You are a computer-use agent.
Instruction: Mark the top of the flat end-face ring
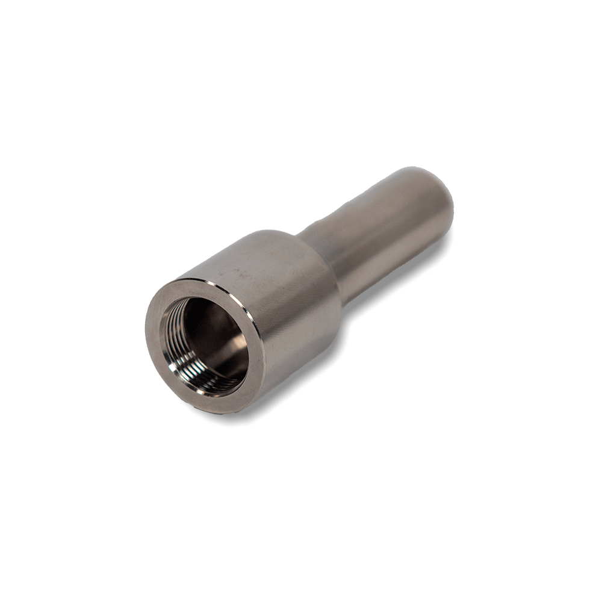pyautogui.click(x=199, y=287)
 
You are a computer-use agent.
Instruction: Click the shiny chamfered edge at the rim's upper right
pyautogui.click(x=241, y=301)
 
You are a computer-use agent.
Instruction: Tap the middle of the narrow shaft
pyautogui.click(x=379, y=235)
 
